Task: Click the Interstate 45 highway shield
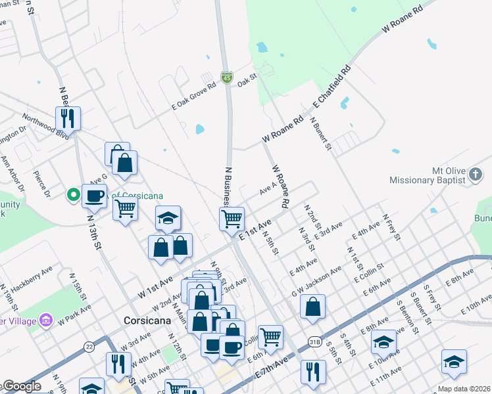226,78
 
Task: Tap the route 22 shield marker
89,346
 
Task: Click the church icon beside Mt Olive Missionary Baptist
476,175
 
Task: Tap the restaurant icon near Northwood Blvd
68,118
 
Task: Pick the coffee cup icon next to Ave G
95,195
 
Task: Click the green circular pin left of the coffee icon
73,195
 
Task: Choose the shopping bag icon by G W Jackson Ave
313,306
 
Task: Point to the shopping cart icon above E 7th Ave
270,337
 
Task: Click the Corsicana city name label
148,320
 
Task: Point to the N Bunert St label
322,136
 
